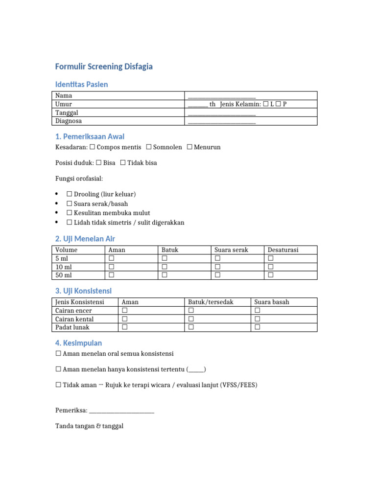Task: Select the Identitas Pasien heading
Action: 82,85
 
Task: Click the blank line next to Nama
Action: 221,96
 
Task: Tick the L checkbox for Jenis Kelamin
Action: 265,104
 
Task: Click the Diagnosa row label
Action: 69,121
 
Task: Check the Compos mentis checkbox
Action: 92,147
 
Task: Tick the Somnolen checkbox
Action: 148,147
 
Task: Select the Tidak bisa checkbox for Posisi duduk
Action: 123,163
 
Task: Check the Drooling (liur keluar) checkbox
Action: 70,195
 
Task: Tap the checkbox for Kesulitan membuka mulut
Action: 70,213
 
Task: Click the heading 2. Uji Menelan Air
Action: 86,239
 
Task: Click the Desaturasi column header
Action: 283,250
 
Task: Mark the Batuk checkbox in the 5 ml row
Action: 164,258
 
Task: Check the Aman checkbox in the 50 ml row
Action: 111,275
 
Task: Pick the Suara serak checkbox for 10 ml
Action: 217,267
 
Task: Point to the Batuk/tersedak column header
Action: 211,302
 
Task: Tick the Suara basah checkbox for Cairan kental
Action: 257,319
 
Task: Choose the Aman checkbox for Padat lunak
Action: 124,327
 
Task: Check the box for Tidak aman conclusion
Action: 58,385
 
